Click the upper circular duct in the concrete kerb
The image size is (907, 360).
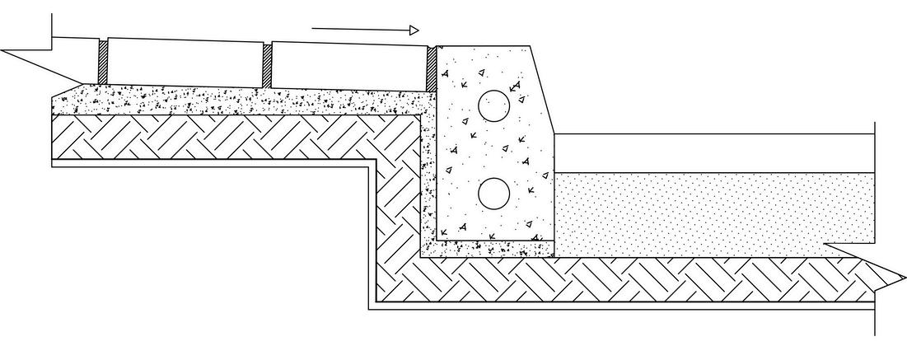tap(494, 105)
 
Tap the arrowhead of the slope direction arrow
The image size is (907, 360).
tap(414, 30)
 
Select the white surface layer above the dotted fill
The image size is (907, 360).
tap(708, 153)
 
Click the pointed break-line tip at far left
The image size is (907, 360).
tap(4, 51)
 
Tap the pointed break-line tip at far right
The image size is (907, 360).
tap(902, 274)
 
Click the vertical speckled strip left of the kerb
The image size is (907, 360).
tap(428, 181)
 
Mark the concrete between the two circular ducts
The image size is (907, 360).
tap(494, 149)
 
